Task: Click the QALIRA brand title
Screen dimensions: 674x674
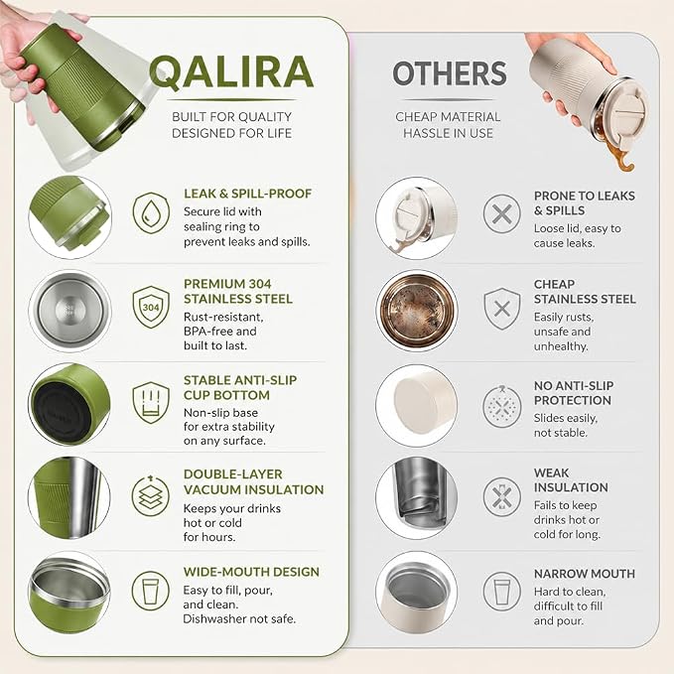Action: coord(231,72)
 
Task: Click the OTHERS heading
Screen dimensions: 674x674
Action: coord(450,73)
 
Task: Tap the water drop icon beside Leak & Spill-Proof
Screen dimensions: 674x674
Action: coord(151,212)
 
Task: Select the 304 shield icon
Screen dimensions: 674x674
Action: coord(151,307)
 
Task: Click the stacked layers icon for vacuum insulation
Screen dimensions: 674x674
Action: coord(151,495)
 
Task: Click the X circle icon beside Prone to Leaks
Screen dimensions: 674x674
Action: coord(501,213)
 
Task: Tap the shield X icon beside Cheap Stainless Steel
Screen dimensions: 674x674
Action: coord(501,309)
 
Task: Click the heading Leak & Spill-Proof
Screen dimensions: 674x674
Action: coord(247,194)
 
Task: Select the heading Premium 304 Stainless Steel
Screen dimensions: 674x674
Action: coord(238,292)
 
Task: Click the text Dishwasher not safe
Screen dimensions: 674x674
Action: coord(239,619)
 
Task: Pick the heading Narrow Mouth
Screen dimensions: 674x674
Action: coord(584,574)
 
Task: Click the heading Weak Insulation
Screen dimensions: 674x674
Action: coord(571,480)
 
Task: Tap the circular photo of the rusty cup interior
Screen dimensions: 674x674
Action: coord(417,311)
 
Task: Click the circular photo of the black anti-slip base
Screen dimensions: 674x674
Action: coord(69,405)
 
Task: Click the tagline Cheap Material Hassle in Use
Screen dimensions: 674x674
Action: coord(448,125)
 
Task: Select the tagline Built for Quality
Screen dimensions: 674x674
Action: coord(231,117)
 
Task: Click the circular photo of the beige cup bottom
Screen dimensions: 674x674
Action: coord(417,406)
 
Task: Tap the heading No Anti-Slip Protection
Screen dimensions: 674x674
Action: coord(574,393)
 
